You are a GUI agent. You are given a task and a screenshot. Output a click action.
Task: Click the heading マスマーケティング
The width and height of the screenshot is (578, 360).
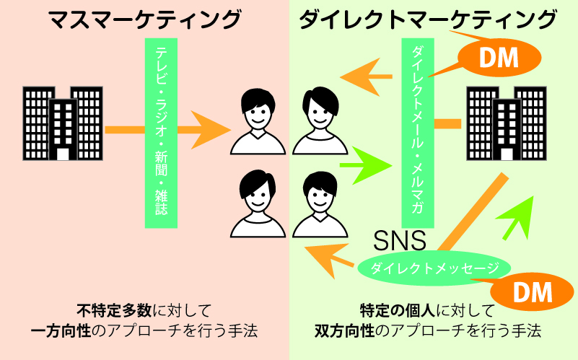click(144, 19)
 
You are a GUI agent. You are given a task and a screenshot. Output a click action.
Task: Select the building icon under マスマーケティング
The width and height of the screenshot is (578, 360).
click(61, 123)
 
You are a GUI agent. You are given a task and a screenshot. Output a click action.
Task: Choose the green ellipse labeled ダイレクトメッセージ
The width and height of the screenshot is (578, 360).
click(434, 268)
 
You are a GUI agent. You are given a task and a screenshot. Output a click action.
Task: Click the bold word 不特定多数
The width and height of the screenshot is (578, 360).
click(114, 311)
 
